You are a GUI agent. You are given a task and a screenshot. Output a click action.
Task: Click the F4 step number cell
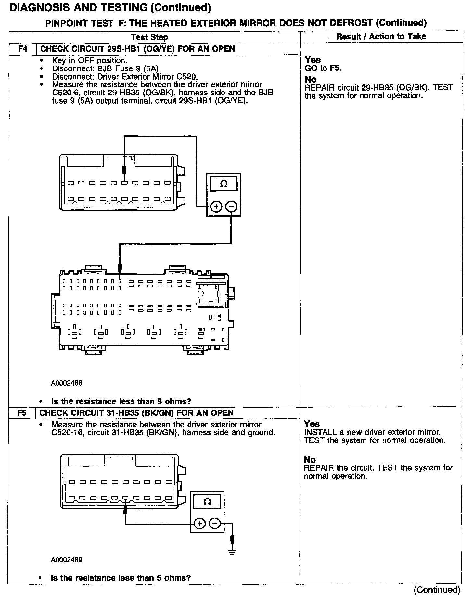coord(22,49)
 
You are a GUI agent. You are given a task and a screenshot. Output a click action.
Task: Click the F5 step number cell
coord(22,413)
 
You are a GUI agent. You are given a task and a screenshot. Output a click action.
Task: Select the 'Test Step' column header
coord(149,37)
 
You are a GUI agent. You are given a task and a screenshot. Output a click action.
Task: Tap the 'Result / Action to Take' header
coord(381,36)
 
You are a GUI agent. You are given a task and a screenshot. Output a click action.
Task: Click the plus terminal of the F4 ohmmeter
coord(216,206)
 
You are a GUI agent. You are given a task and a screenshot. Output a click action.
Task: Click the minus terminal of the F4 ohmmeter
coord(231,206)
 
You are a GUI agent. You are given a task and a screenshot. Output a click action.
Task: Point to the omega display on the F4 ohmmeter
coord(224,184)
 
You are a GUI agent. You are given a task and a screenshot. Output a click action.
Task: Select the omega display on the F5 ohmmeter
coord(207,502)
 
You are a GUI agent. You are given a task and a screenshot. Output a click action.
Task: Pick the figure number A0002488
coord(67,383)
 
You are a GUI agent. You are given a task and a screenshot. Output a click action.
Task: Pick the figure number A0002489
coord(67,560)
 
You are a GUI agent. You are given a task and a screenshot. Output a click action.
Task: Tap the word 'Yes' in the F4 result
coord(313,60)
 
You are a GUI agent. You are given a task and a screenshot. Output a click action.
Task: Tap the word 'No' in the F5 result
coord(310,460)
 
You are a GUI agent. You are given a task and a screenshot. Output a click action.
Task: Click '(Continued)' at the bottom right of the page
coord(437,590)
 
